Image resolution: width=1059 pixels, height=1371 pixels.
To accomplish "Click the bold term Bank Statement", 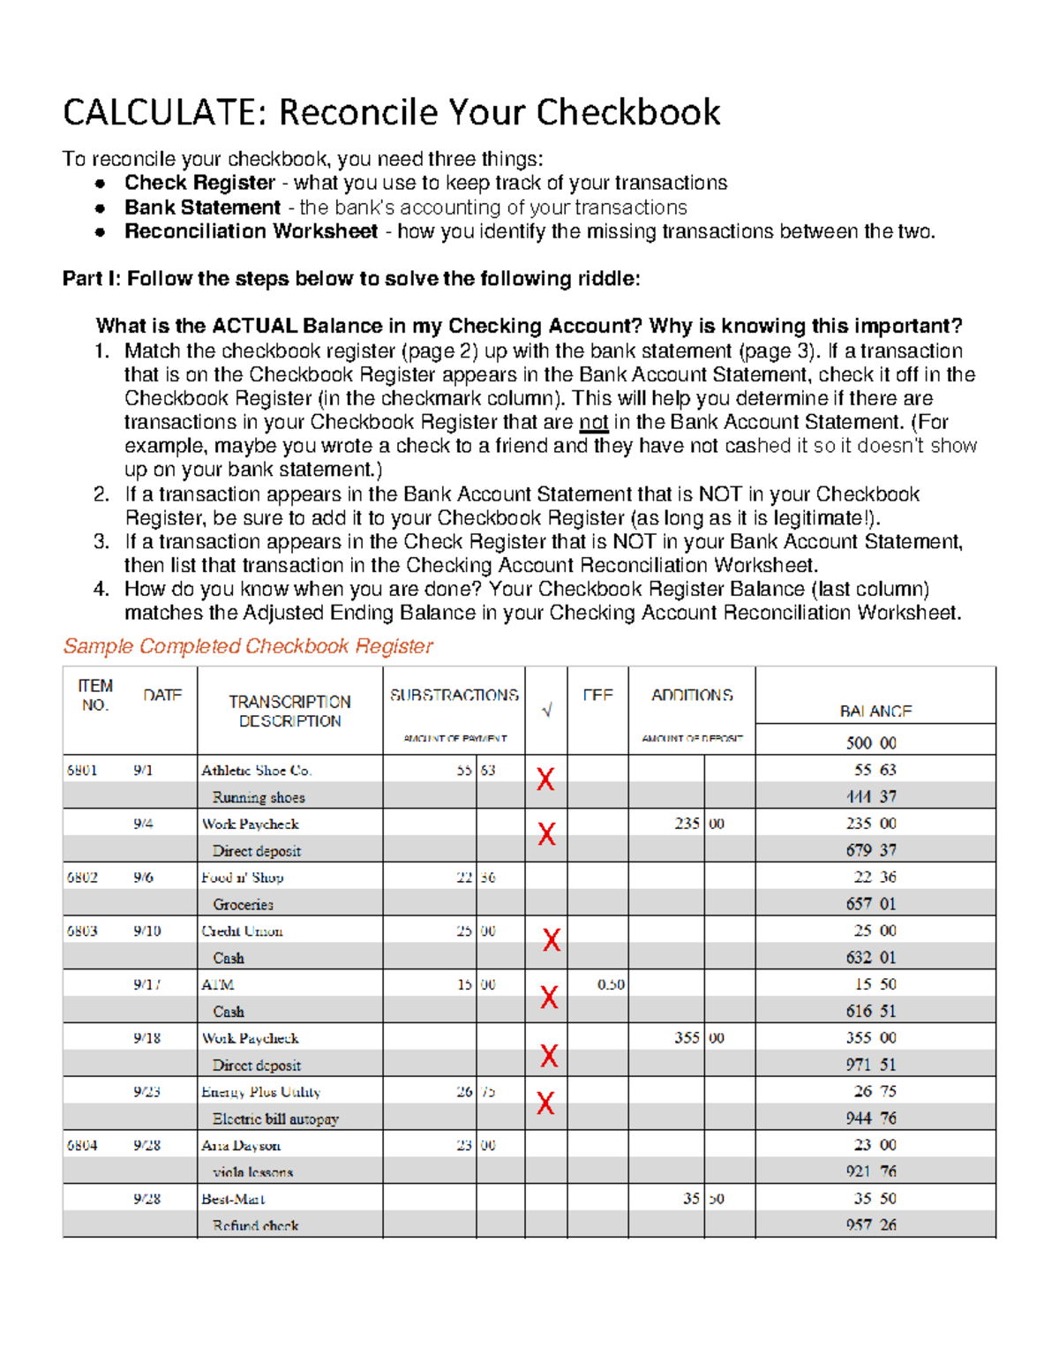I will coord(202,207).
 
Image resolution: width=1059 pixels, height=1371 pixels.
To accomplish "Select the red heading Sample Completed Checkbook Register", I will coord(248,646).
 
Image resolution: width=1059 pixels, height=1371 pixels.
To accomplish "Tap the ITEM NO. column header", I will coord(94,696).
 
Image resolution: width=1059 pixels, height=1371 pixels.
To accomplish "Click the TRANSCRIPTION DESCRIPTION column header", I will coord(289,712).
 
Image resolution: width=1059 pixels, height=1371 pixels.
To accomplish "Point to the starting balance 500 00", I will coord(870,742).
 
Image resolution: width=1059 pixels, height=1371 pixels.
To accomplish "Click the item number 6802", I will coord(82,878).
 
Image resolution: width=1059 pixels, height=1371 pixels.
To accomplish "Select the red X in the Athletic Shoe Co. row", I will coord(545,779).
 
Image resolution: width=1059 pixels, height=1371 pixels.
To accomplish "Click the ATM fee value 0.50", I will coord(611,984).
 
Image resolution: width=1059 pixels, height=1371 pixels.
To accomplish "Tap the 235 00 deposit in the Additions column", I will coord(698,824).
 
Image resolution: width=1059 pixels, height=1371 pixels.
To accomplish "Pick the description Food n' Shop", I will coord(242,878).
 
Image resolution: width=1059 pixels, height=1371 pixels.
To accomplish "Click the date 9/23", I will coord(146,1092).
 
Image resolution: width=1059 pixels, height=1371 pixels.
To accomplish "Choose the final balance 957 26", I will coord(870,1225).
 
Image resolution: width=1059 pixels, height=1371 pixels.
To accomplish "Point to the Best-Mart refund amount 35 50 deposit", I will coord(702,1199).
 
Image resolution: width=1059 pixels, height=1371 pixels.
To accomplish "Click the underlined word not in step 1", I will coord(593,422).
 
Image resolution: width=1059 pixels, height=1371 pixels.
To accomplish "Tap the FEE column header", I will coord(597,696).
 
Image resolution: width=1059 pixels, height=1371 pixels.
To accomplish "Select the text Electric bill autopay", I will coord(275,1119).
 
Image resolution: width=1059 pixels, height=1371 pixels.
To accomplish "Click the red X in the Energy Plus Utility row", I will coord(545,1103).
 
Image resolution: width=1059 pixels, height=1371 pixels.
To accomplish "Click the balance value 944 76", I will coord(870,1119).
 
